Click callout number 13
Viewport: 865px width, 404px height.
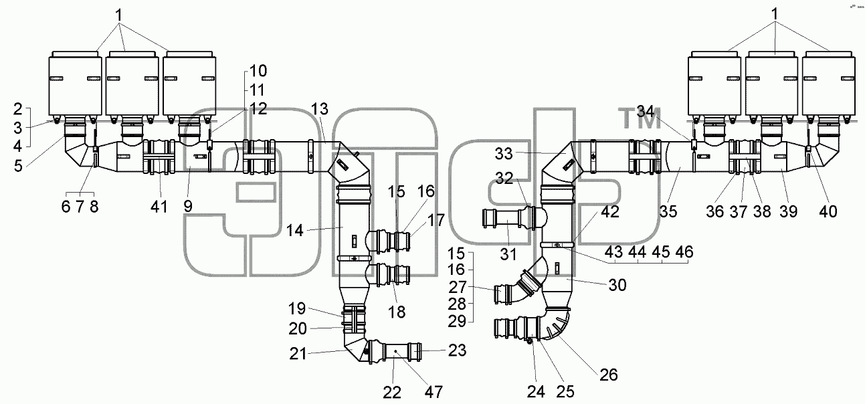[x=320, y=109]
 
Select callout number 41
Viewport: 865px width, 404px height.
[x=159, y=207]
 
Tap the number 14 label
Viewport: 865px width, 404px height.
[x=295, y=231]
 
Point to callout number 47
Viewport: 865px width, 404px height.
[x=434, y=393]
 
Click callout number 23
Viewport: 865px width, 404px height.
[x=457, y=350]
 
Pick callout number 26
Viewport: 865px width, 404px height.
[x=609, y=375]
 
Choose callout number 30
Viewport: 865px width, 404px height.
[x=617, y=286]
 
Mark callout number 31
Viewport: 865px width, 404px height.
[x=508, y=255]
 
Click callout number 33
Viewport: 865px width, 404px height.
[x=504, y=154]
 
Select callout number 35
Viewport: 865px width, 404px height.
[x=668, y=211]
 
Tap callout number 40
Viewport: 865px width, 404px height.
[x=828, y=211]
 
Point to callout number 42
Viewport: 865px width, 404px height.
[x=610, y=211]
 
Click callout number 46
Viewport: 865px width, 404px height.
[x=684, y=252]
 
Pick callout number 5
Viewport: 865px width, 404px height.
[x=18, y=167]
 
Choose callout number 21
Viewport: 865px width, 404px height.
[x=298, y=354]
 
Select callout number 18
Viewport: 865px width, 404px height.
[x=397, y=312]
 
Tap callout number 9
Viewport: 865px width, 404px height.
[x=188, y=207]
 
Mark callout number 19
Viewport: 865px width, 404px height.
[x=297, y=308]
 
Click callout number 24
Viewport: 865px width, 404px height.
[x=536, y=393]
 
